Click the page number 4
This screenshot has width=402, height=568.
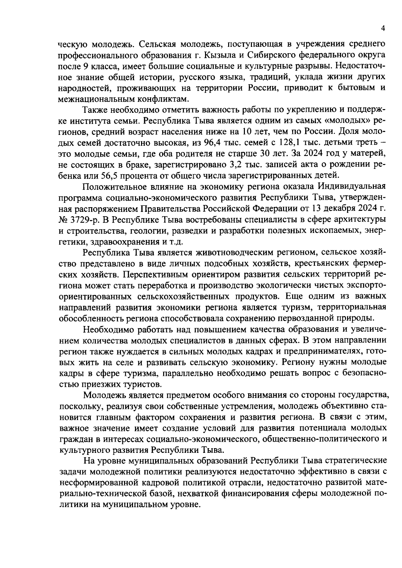pyautogui.click(x=383, y=29)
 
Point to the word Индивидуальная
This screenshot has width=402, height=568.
pyautogui.click(x=351, y=186)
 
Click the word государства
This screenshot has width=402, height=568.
pyautogui.click(x=363, y=395)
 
